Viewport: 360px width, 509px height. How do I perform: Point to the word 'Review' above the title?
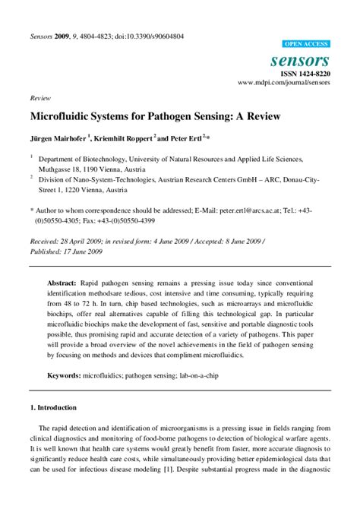coord(40,99)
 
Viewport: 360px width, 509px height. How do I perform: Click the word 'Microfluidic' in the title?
coord(62,118)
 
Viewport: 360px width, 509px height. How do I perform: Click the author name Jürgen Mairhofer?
coord(58,139)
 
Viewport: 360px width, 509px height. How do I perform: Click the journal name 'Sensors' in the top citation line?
coord(43,36)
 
